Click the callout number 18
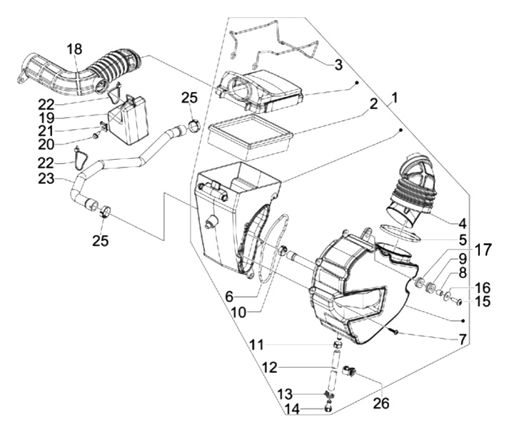point(75,48)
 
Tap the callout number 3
point(338,65)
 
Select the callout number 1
point(395,96)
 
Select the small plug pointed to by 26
point(350,371)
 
